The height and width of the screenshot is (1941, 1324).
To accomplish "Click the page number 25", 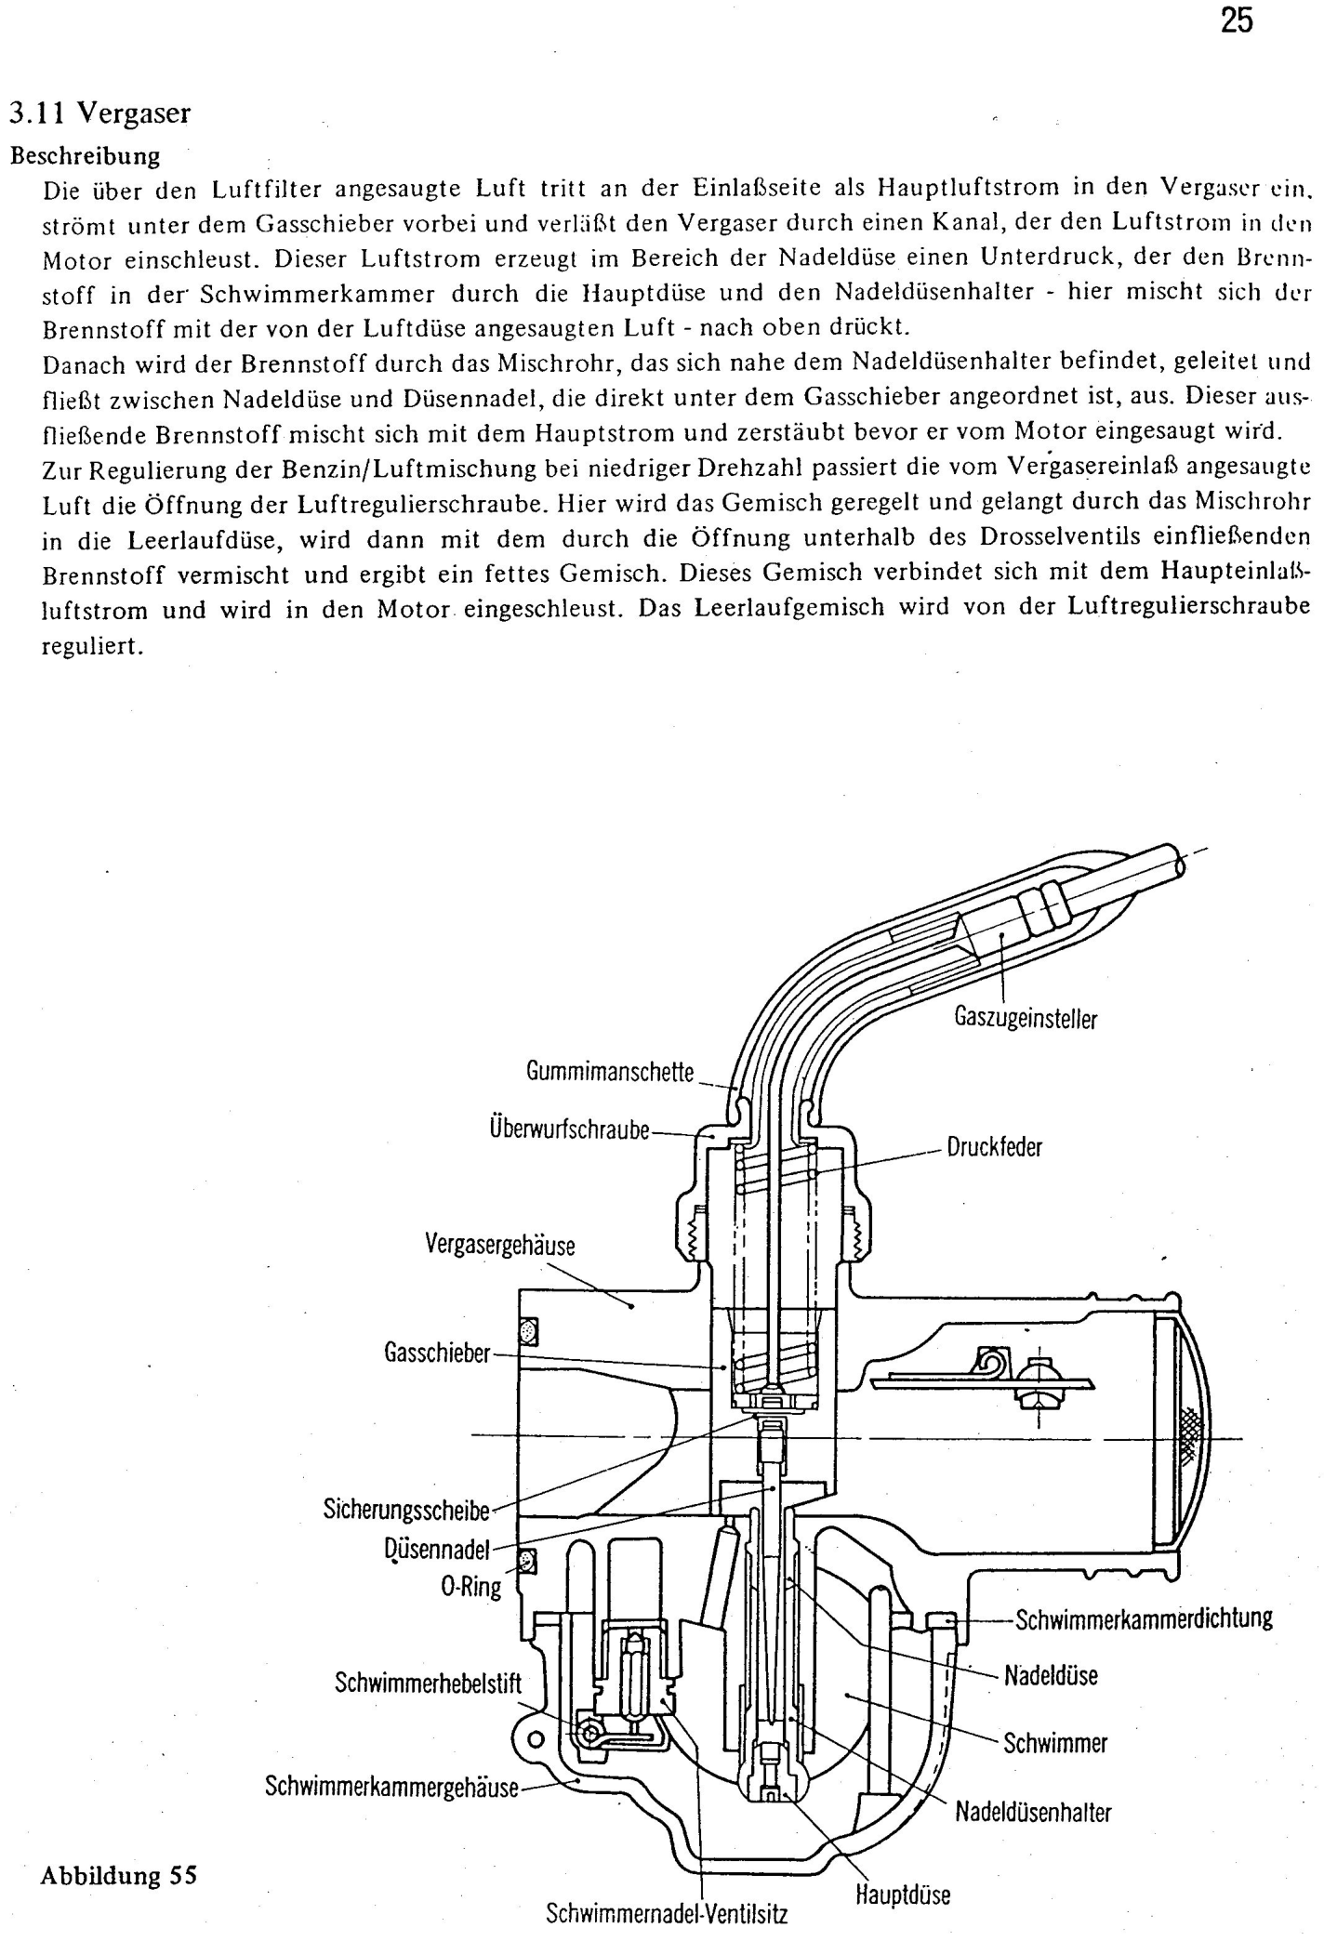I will [1236, 20].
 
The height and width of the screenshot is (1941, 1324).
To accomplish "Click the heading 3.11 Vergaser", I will [99, 113].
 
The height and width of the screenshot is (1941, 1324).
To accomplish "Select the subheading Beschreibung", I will [85, 154].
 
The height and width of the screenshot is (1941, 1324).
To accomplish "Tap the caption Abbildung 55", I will [119, 1875].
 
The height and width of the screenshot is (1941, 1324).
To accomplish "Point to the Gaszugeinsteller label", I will [1026, 1018].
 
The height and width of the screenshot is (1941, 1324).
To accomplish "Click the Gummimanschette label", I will [610, 1072].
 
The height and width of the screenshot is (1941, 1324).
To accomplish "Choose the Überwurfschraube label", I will [568, 1131].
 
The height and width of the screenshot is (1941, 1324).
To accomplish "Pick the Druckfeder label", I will [994, 1146].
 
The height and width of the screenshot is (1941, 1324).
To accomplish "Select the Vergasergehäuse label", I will [500, 1244].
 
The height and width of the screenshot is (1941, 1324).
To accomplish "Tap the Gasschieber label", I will [436, 1353].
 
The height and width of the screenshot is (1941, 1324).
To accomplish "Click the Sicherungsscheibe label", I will [406, 1509].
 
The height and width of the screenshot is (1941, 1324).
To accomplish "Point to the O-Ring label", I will [470, 1586].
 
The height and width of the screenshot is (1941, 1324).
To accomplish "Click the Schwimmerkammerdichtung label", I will [1144, 1619].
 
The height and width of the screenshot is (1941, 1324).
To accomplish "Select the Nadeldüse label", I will [1051, 1675].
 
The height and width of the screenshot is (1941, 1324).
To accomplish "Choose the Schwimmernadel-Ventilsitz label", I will [667, 1914].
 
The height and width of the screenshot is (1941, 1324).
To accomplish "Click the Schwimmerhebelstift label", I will [428, 1684].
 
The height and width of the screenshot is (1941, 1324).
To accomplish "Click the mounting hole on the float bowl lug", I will [536, 1738].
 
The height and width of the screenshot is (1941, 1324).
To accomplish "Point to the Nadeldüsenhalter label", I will [1033, 1812].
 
